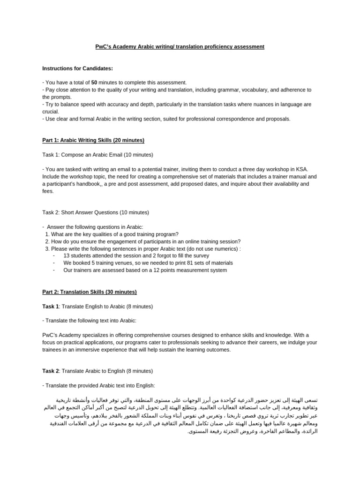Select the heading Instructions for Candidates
coord(77,68)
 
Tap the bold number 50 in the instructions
coord(94,82)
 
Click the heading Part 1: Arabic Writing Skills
coord(93,140)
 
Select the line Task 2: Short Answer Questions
coord(96,212)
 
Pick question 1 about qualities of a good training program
coord(112,234)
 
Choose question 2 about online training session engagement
coord(143,241)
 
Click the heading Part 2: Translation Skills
coord(90,292)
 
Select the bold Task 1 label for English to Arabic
coord(51,307)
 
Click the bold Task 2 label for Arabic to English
coord(51,371)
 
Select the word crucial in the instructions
coord(51,112)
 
